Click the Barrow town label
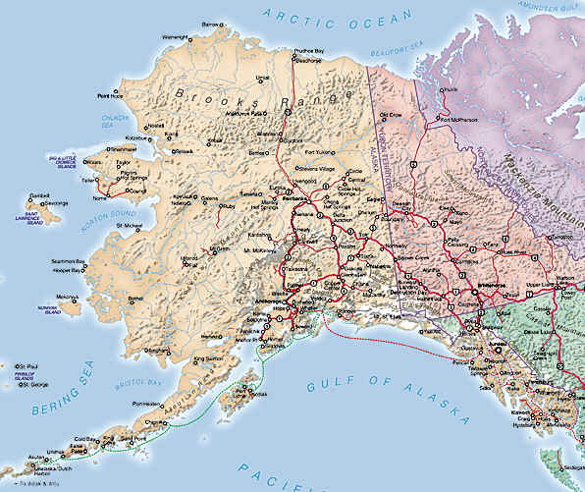tap(209, 24)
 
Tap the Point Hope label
tap(110, 96)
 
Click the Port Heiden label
tap(146, 404)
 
